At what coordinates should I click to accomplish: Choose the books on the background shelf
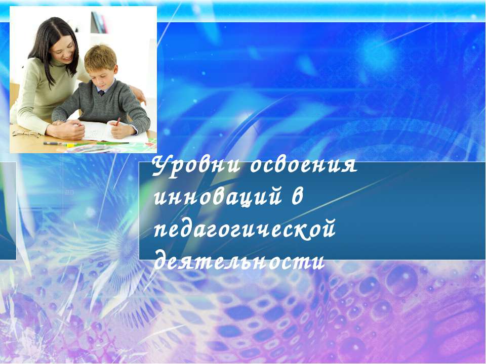click(98, 22)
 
